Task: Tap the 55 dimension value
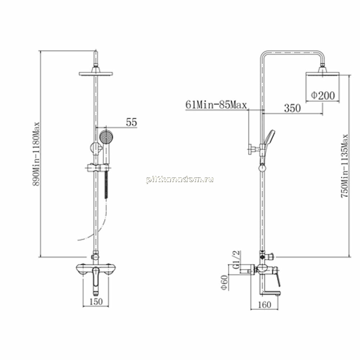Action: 131,122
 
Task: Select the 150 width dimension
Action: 96,301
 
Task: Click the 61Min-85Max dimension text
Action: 216,105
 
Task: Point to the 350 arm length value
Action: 292,108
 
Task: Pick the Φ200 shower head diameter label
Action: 323,95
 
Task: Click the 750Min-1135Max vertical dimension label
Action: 345,166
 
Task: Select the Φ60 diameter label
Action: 225,283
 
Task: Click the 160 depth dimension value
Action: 265,305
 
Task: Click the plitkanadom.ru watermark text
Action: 180,180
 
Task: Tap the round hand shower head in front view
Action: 106,136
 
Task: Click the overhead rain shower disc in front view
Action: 96,74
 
